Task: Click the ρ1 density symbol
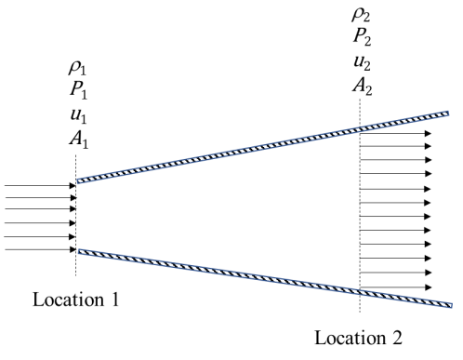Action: coord(77,68)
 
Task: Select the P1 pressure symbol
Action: coord(78,91)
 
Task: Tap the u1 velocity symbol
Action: coord(78,116)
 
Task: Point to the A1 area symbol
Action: coord(79,140)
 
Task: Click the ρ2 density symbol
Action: coord(361,14)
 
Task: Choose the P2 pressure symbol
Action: coord(363,38)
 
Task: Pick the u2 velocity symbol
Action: coord(363,62)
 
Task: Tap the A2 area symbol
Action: coord(363,86)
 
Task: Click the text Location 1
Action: coord(76,300)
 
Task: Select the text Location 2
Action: coord(359,338)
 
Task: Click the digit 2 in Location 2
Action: coord(397,338)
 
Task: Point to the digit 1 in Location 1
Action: coord(115,300)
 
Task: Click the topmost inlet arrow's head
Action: coord(73,186)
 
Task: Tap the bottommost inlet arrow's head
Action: coord(73,249)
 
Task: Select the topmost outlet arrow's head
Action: coord(428,134)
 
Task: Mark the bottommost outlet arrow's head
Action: coord(428,287)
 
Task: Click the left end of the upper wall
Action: coord(77,181)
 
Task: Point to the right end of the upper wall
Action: coord(448,113)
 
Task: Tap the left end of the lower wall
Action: coord(79,251)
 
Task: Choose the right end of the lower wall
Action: coord(452,305)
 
